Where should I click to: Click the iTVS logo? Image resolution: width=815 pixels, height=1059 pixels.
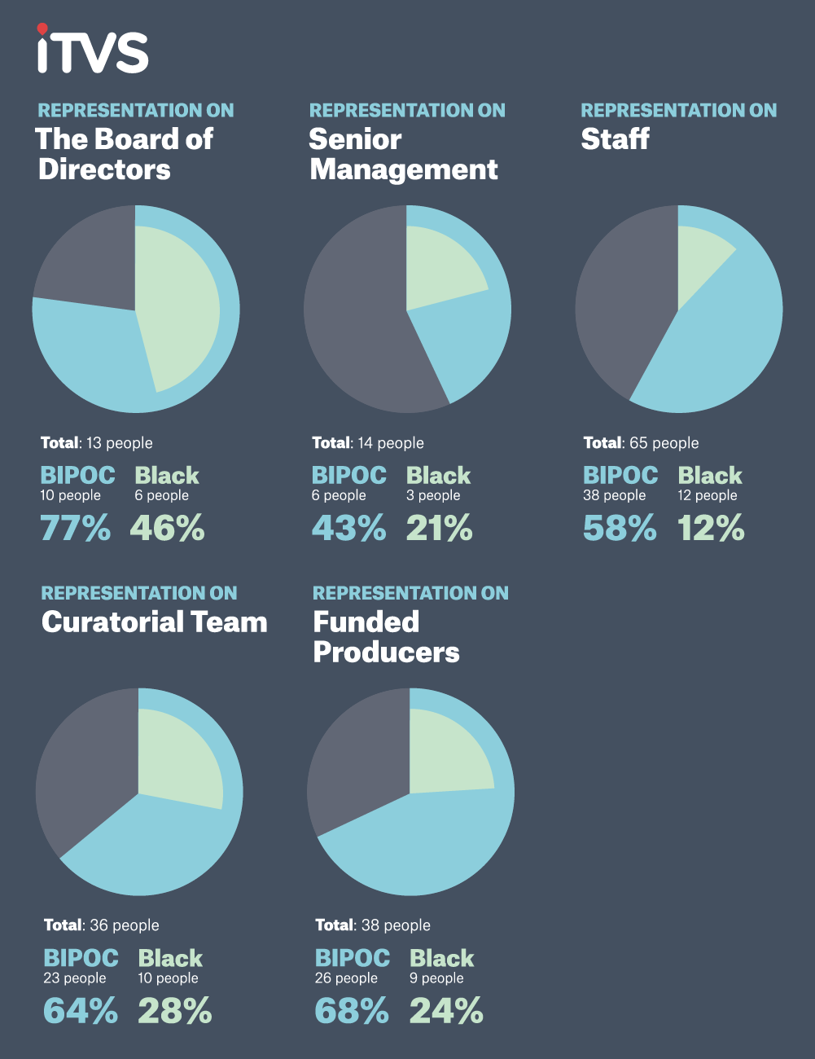click(x=92, y=51)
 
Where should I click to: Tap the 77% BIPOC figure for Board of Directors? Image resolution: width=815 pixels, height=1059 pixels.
click(x=75, y=529)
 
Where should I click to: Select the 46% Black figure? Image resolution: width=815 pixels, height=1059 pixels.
click(x=168, y=529)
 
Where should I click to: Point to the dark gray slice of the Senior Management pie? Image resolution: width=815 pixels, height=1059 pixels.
click(x=358, y=326)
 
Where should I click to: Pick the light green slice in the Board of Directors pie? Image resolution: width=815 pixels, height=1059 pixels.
click(x=179, y=305)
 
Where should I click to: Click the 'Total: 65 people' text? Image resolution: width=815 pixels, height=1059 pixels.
click(x=641, y=443)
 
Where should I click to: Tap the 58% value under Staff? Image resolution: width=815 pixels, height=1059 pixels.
click(x=620, y=529)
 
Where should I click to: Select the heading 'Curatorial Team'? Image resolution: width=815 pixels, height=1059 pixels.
click(x=155, y=622)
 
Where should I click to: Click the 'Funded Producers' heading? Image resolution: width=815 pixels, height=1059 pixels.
click(x=386, y=637)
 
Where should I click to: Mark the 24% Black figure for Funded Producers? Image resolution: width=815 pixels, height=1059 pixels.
click(x=446, y=1012)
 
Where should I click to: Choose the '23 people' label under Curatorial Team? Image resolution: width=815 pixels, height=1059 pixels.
click(x=75, y=978)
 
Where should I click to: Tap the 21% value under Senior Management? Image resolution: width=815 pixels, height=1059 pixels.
click(x=440, y=529)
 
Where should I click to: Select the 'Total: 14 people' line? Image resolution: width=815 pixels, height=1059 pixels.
click(x=368, y=443)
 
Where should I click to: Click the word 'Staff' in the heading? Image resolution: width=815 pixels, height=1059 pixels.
click(x=616, y=139)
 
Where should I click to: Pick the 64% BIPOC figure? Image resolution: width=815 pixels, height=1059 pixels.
click(x=80, y=1012)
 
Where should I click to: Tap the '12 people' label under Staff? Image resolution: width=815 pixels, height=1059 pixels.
click(x=708, y=495)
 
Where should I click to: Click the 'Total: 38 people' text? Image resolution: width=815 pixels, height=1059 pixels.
click(x=373, y=925)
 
